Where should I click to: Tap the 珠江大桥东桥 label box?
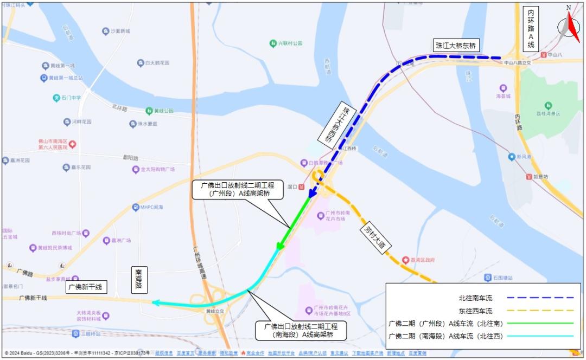tap(455, 46)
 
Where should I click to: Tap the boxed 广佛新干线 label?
tap(84, 287)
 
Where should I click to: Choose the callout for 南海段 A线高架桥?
tap(301, 331)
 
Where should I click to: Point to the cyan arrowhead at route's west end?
tap(156, 303)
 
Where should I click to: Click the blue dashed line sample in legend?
tap(540, 298)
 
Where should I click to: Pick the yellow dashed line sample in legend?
tap(540, 311)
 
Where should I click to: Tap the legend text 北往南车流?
tap(475, 298)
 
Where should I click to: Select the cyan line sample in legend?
tap(540, 336)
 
